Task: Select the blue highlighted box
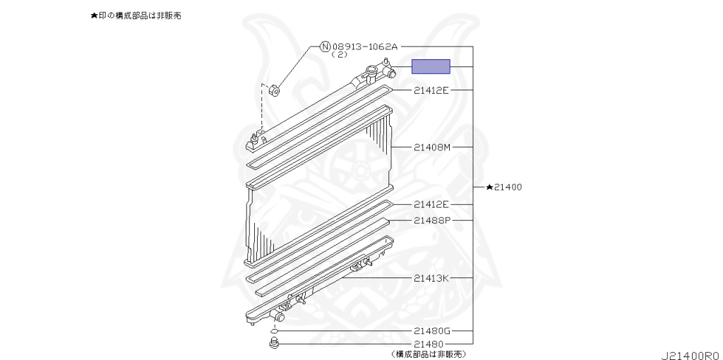[x=431, y=66]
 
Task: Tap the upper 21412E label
[x=431, y=90]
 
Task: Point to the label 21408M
[x=431, y=148]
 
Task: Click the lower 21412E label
[x=431, y=204]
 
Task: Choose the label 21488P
[x=431, y=220]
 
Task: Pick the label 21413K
[x=431, y=278]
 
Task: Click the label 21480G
[x=431, y=330]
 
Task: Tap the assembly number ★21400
[x=504, y=187]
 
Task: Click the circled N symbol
[x=325, y=46]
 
